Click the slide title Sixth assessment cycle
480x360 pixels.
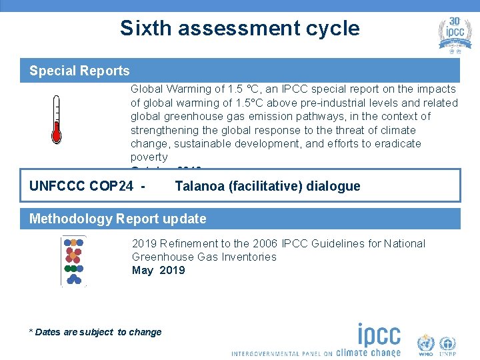(239, 28)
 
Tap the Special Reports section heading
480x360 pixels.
(79, 71)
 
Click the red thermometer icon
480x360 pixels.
(57, 119)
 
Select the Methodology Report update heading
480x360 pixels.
(118, 219)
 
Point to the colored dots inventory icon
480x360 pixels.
(73, 261)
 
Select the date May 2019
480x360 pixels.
(159, 270)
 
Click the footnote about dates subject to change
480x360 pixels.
(95, 332)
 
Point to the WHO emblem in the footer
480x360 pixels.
(425, 345)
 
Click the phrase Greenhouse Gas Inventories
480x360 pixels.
(204, 257)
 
